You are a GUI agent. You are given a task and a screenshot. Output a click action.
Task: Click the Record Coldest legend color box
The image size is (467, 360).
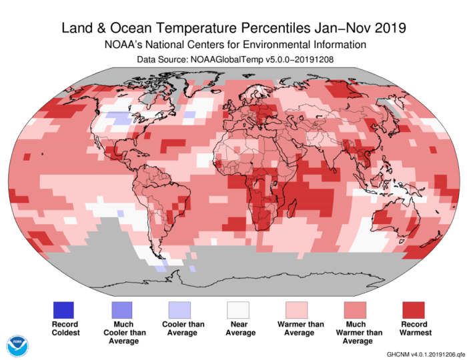click(x=63, y=310)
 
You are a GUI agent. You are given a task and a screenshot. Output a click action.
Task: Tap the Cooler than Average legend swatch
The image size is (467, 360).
click(x=179, y=310)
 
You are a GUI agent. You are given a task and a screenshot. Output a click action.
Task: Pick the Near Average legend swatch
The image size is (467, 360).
click(x=238, y=310)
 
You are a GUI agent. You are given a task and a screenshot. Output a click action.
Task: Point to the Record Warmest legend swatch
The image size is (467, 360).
click(x=413, y=310)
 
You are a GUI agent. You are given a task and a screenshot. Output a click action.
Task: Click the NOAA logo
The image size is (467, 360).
click(x=18, y=345)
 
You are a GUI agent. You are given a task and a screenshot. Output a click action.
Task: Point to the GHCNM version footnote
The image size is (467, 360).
click(x=424, y=353)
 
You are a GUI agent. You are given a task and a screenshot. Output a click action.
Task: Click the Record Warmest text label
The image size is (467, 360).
click(x=413, y=328)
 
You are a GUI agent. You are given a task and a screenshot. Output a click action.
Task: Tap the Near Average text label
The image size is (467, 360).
click(x=238, y=328)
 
